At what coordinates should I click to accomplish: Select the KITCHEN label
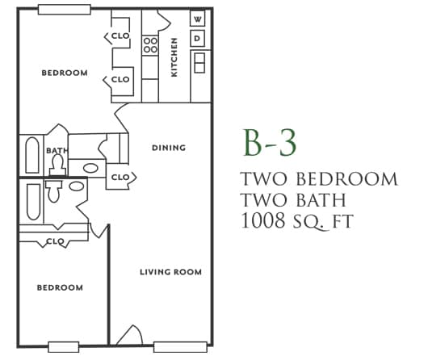click(174, 57)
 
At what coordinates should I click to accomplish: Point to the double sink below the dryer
click(199, 61)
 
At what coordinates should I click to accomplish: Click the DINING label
click(169, 148)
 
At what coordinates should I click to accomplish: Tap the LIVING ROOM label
click(170, 272)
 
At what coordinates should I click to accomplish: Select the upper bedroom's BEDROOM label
click(64, 73)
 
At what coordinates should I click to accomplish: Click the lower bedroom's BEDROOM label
click(60, 287)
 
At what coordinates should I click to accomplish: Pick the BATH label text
click(57, 150)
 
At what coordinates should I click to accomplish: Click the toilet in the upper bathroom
click(57, 164)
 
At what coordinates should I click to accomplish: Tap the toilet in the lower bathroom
click(54, 191)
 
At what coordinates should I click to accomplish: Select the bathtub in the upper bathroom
click(32, 156)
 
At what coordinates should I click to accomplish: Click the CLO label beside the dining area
click(120, 178)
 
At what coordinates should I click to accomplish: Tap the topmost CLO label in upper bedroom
click(120, 36)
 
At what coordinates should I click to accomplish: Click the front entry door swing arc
click(129, 334)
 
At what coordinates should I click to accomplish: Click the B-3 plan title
click(271, 142)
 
